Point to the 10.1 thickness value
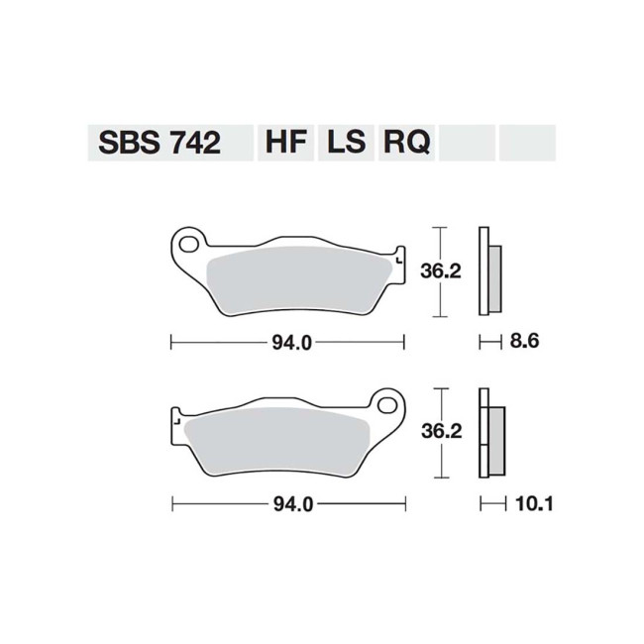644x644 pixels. pos(532,504)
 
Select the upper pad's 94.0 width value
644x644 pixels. pos(288,344)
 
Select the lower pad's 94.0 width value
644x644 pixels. pos(288,504)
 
